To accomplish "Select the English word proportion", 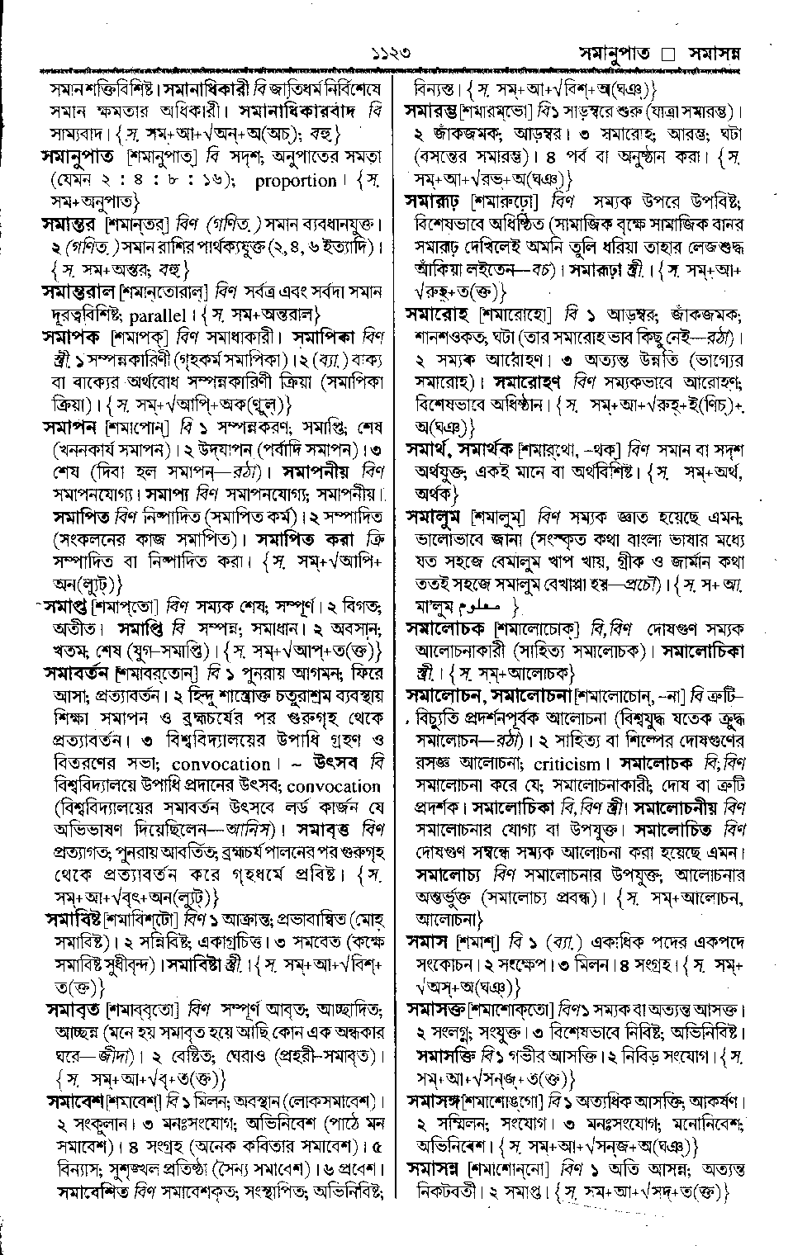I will pos(296,180).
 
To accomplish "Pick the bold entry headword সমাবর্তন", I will pos(78,672).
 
